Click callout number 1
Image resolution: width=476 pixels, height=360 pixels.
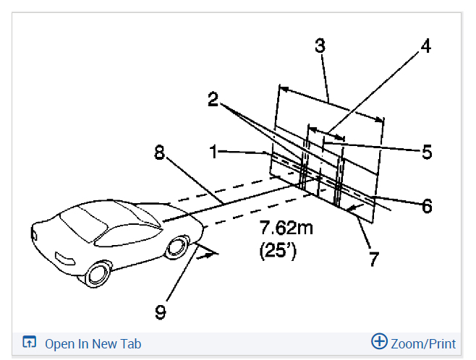coord(214,152)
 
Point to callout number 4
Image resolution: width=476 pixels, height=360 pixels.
coord(426,46)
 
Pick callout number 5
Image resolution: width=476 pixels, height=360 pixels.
coord(426,152)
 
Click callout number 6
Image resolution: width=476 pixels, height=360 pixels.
coord(427,206)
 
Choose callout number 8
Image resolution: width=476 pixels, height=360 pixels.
coord(159,152)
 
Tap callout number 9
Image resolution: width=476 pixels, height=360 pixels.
coord(161,312)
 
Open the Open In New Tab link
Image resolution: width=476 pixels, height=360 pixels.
coord(93,343)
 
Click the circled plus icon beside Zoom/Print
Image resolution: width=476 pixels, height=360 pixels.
coord(379,342)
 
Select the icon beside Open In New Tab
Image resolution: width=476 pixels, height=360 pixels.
coord(30,343)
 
